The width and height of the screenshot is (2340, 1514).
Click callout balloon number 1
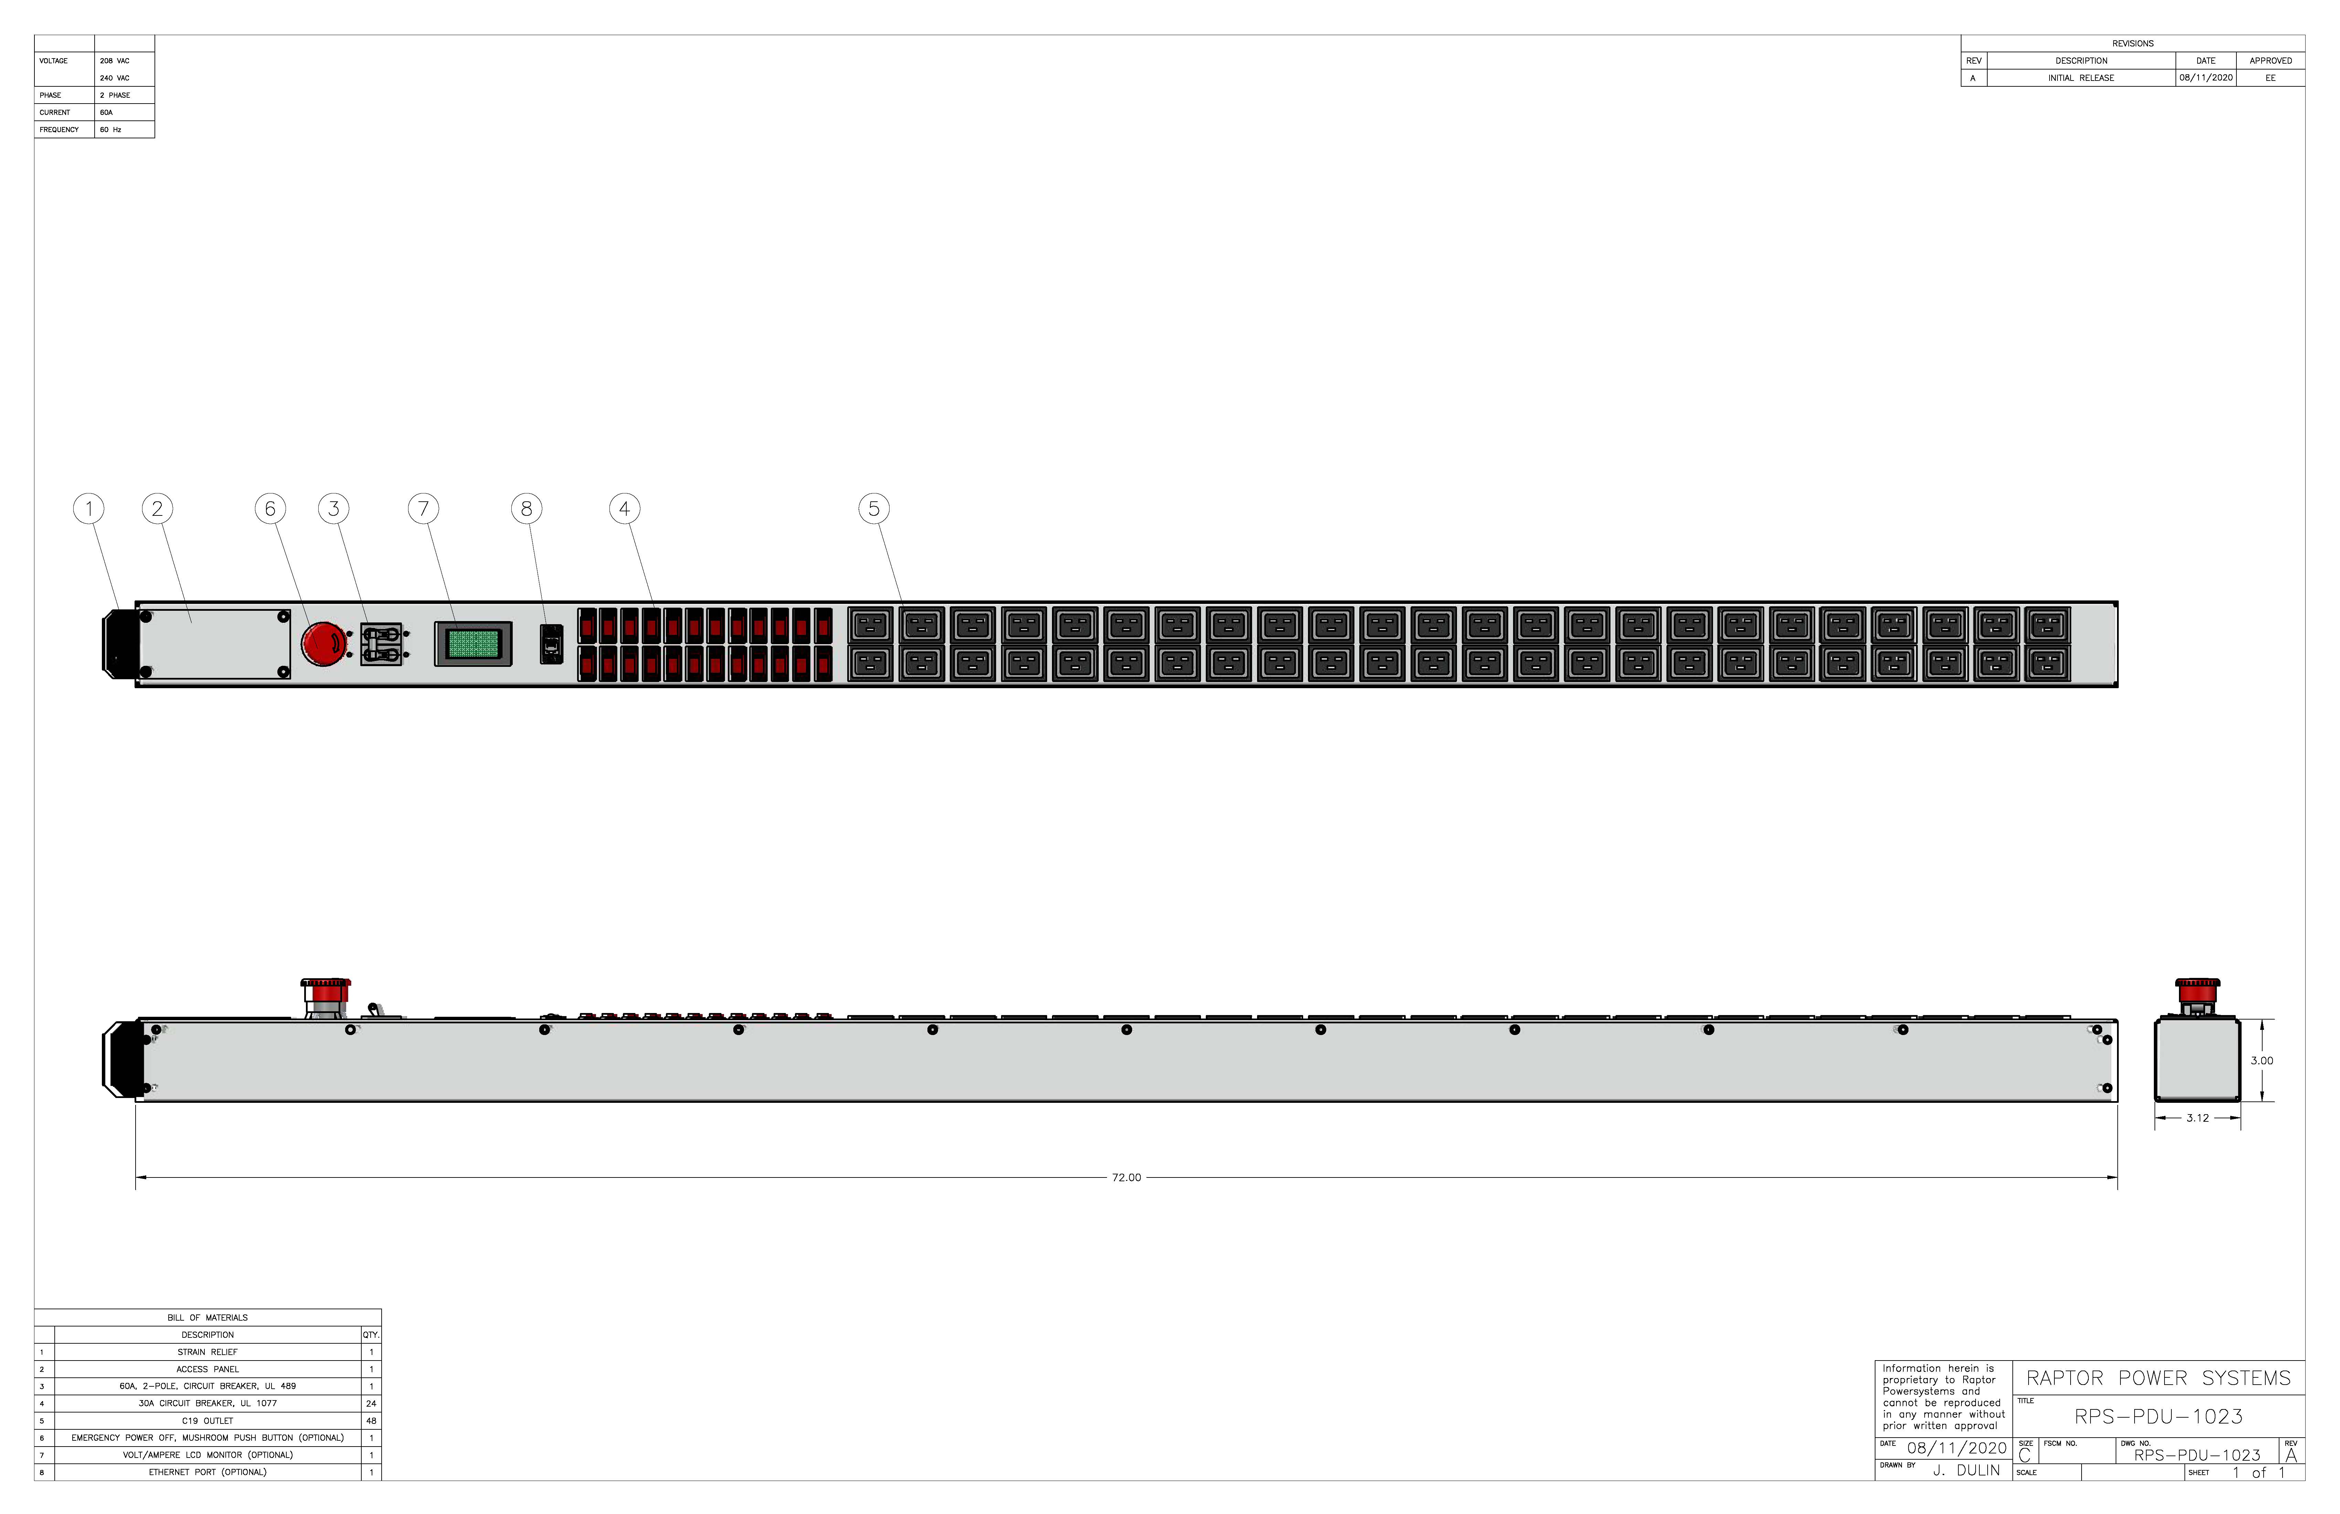88,509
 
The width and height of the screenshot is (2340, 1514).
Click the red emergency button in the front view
323,644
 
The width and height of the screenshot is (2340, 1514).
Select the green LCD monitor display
473,644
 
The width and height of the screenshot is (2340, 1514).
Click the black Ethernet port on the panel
552,644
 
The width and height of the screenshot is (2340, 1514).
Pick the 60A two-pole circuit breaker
382,644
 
